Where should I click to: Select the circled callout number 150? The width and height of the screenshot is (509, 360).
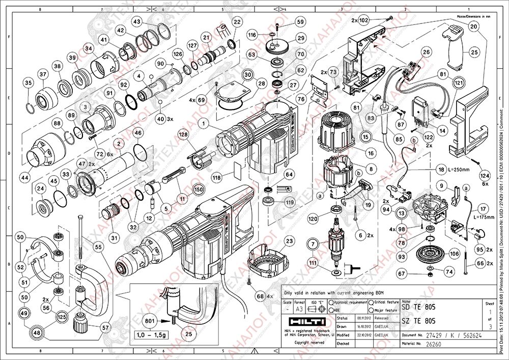point(199,189)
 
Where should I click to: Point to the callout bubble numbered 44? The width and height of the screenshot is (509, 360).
point(23,163)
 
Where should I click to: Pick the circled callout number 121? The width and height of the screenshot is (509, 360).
point(460,82)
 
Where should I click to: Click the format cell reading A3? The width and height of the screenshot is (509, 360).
point(301,309)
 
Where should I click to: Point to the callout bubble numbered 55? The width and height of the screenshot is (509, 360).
point(99,247)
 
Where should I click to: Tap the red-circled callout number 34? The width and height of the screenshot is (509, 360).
point(89,49)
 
